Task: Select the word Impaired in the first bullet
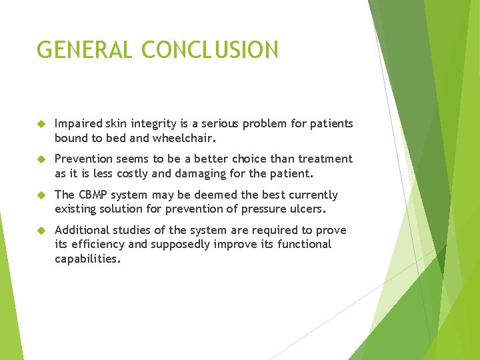[x=79, y=123]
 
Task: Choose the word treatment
[x=326, y=159]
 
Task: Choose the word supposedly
[x=181, y=245]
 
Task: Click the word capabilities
[x=87, y=259]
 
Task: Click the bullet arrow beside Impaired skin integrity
[x=41, y=124]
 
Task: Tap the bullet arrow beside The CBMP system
[x=41, y=195]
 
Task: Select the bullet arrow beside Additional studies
[x=41, y=231]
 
